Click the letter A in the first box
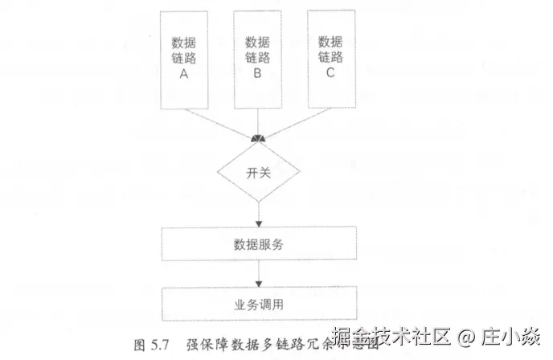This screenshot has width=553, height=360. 184,74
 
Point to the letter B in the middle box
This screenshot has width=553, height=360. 257,74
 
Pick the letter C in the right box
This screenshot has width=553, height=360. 330,74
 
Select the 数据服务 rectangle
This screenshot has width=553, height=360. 258,243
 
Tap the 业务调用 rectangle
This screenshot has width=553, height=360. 258,304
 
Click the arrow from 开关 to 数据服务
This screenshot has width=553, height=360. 259,214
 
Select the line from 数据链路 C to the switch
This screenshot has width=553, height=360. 296,124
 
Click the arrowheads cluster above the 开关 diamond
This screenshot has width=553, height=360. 259,140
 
